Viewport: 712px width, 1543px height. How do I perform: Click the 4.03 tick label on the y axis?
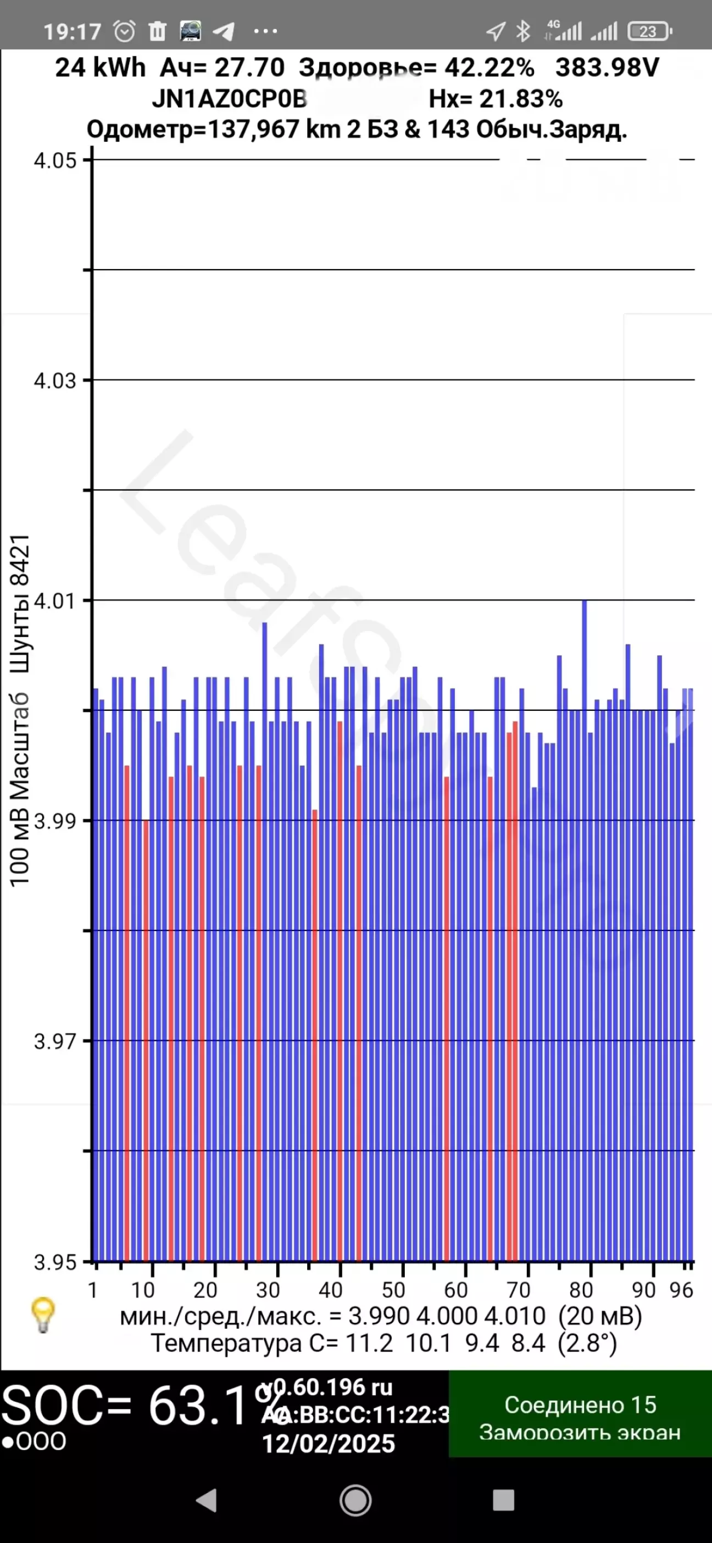(x=55, y=381)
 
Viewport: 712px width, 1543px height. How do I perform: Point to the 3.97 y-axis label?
(x=55, y=1041)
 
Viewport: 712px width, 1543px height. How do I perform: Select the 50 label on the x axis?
(x=393, y=1290)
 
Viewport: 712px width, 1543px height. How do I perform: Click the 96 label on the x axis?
(x=681, y=1290)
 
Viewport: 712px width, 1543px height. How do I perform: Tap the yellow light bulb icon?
(x=43, y=1315)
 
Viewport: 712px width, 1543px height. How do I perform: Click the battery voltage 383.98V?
(x=607, y=68)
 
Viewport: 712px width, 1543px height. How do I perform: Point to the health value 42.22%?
(x=489, y=68)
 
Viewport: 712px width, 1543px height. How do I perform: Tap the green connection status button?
(x=580, y=1417)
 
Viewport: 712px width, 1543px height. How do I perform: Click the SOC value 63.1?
(x=198, y=1406)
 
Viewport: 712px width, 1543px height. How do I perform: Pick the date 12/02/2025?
(x=329, y=1444)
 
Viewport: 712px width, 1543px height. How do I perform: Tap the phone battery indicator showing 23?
(x=649, y=31)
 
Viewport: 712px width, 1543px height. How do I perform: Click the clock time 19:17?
(x=72, y=31)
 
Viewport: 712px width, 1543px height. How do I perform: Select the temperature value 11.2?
(x=369, y=1344)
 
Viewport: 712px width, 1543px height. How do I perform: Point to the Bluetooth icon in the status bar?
(x=523, y=31)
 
